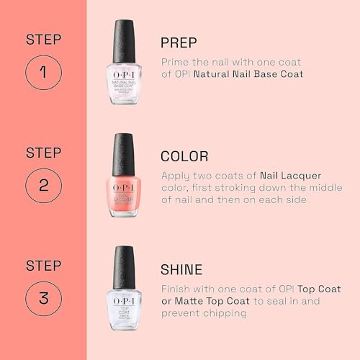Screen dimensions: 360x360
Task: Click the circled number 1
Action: pos(43,72)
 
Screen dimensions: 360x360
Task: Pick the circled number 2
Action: pos(43,185)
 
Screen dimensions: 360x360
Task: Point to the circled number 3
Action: pos(43,299)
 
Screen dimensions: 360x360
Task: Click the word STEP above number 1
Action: pos(43,39)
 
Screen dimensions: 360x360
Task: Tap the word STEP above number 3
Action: pos(43,265)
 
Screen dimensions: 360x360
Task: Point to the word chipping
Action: pos(225,313)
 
